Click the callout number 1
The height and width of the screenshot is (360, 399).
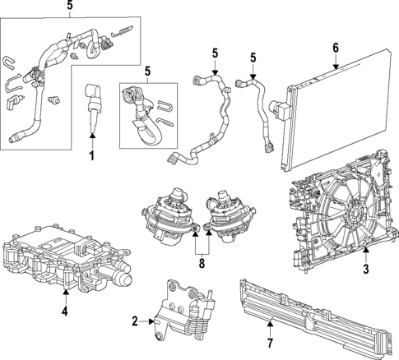pyautogui.click(x=93, y=155)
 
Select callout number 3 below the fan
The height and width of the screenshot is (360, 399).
pyautogui.click(x=366, y=269)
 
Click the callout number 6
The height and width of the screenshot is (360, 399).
pyautogui.click(x=335, y=48)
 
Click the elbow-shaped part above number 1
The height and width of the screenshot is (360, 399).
pyautogui.click(x=94, y=96)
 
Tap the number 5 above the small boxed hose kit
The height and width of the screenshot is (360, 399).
pyautogui.click(x=148, y=71)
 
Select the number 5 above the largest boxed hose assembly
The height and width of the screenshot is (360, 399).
pyautogui.click(x=70, y=7)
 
